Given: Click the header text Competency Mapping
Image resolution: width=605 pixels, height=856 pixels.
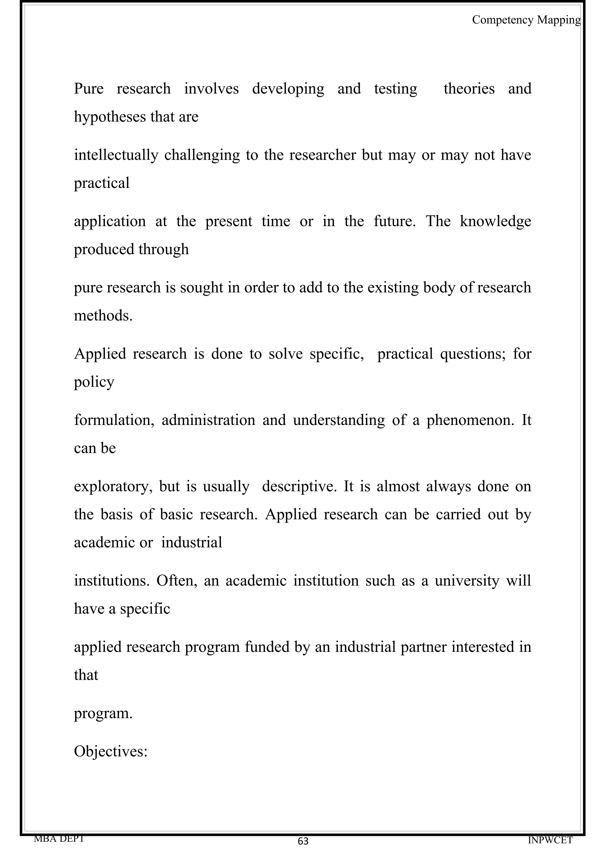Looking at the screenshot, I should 526,20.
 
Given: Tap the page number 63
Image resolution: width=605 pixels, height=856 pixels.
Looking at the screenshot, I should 303,841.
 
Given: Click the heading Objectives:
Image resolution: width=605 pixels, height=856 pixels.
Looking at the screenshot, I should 111,751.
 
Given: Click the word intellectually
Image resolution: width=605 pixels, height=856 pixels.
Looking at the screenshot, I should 116,155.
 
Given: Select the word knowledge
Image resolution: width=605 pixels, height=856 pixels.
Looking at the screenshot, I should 495,221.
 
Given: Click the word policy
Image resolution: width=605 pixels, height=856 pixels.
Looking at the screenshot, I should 94,382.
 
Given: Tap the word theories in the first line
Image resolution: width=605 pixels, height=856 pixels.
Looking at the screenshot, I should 469,89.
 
